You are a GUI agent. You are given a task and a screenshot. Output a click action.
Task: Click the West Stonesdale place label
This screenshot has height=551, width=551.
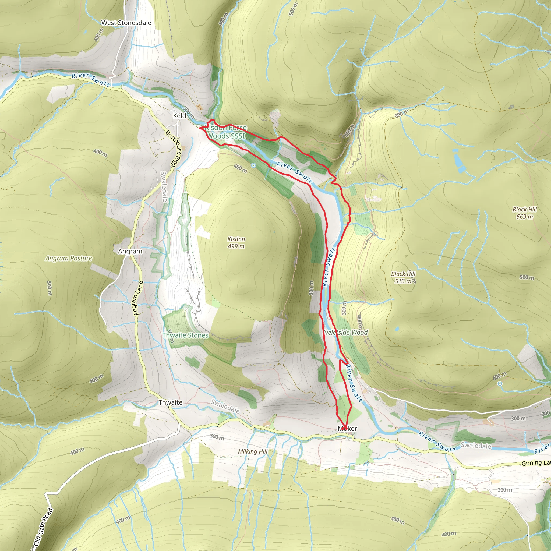click(126, 23)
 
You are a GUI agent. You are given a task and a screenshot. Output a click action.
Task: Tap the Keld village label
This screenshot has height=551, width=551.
click(179, 115)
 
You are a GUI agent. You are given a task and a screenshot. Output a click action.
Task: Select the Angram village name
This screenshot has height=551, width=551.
click(130, 251)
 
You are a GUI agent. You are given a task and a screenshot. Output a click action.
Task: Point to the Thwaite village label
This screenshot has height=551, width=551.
click(170, 402)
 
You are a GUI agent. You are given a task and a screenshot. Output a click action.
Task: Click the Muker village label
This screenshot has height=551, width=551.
click(347, 428)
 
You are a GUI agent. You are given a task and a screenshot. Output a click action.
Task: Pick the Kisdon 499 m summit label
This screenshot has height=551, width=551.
click(236, 242)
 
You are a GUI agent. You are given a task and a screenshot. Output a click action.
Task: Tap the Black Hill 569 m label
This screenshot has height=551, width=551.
click(524, 213)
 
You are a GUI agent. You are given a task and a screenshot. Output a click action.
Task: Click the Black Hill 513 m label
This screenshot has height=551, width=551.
click(403, 277)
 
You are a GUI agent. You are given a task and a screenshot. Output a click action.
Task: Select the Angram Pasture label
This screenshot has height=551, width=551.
click(69, 258)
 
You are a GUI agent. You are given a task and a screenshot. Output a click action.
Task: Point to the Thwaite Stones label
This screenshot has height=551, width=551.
click(185, 335)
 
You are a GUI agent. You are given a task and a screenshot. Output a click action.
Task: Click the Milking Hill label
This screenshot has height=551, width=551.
click(253, 451)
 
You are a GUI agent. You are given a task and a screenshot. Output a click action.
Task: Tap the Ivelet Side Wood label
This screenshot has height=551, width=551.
click(345, 332)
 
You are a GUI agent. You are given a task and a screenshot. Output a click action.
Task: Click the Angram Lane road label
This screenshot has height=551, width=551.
click(138, 298)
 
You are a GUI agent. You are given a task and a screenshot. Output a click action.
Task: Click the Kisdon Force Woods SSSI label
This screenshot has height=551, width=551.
click(226, 132)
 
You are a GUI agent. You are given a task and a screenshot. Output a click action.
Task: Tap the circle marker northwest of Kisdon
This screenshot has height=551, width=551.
click(253, 165)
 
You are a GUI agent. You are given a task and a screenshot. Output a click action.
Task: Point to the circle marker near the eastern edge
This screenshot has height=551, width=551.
click(500, 384)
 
